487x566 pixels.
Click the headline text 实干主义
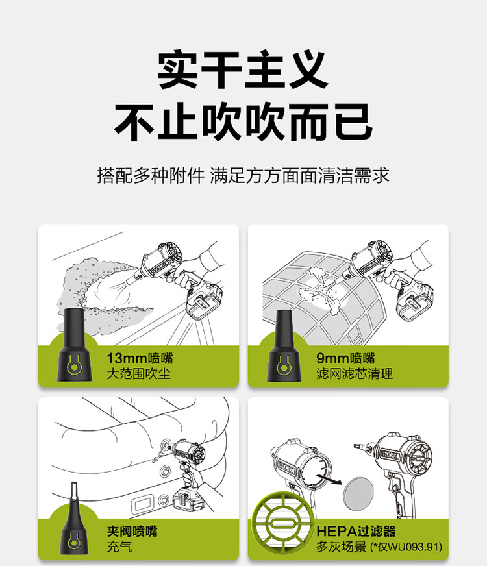point(243,70)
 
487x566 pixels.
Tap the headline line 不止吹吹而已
point(243,122)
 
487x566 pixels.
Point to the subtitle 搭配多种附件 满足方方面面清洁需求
point(243,176)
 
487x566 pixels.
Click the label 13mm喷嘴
point(140,358)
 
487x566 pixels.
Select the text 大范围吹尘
point(138,374)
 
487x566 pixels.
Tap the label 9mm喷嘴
point(345,358)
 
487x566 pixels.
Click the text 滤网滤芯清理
point(355,374)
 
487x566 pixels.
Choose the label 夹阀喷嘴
point(132,531)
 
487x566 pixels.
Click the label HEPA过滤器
point(356,531)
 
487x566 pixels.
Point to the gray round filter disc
point(358,493)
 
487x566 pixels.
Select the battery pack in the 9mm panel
point(414,301)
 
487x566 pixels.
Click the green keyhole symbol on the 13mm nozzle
point(73,365)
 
